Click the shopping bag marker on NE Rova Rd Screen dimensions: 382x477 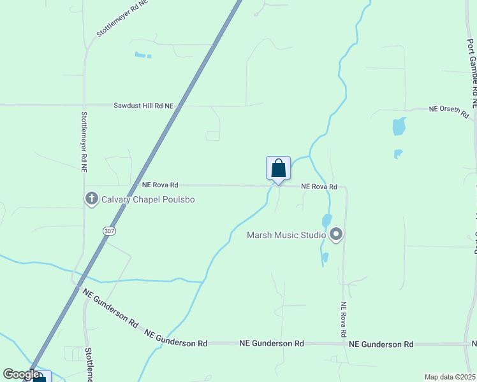278,169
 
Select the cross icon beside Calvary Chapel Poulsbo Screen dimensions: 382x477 91,199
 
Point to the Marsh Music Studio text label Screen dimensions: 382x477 286,236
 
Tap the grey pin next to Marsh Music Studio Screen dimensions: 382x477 336,235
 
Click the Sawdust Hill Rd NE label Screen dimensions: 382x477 143,105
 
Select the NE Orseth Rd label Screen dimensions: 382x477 449,111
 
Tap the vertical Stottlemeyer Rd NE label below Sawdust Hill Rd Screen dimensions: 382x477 84,143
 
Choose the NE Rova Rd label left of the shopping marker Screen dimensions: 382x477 159,185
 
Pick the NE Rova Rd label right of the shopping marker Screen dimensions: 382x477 318,186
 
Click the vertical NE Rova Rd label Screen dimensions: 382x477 343,319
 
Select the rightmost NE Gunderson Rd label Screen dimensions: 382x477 381,344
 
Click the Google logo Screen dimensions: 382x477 21,374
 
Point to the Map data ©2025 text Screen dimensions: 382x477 450,377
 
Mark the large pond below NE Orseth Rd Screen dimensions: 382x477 399,126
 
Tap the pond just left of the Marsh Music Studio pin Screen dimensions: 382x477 327,221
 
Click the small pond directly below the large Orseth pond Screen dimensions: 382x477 397,154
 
